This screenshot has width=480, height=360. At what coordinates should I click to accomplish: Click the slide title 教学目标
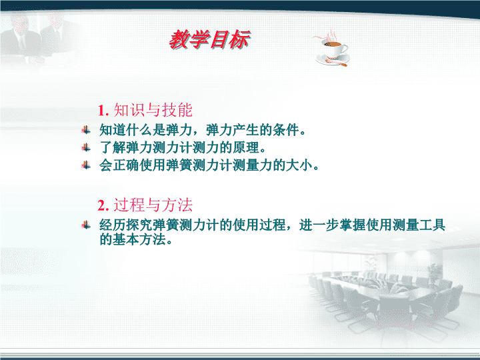tap(210, 40)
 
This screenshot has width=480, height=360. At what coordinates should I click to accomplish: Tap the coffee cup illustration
tap(332, 49)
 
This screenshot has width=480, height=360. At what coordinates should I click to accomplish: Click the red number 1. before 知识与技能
tap(103, 111)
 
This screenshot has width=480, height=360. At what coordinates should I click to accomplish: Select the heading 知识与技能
tap(153, 110)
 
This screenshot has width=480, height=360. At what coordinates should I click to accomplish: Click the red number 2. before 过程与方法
tap(103, 205)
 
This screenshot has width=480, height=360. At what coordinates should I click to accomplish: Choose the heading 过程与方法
tap(153, 205)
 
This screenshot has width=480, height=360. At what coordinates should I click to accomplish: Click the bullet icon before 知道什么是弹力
tap(86, 130)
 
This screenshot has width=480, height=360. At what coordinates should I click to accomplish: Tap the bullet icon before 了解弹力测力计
tap(86, 148)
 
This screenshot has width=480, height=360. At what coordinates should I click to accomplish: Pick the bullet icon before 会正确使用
tap(86, 165)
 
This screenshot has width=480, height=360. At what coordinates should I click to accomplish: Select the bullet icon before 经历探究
tap(86, 225)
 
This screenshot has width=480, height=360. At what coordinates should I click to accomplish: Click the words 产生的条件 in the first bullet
tap(266, 130)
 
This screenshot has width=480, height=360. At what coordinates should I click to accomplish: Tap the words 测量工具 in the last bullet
tap(419, 225)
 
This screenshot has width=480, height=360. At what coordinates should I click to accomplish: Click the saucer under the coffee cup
tap(333, 60)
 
